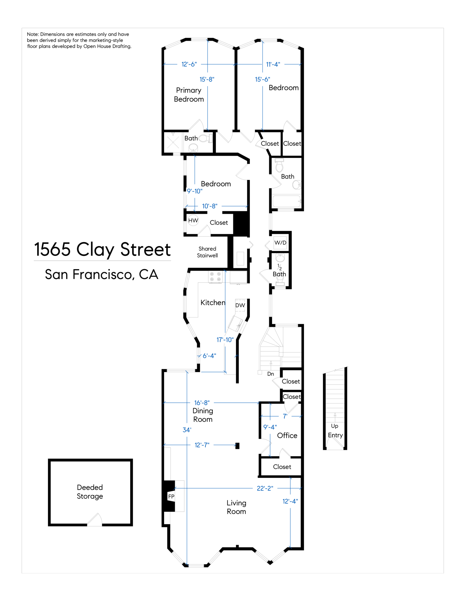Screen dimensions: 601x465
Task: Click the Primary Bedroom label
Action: (189, 95)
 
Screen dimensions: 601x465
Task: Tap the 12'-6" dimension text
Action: (189, 64)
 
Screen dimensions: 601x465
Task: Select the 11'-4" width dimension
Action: (273, 64)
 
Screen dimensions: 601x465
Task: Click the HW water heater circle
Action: (193, 221)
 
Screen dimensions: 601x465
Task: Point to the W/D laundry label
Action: (280, 243)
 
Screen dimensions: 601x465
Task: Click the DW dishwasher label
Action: (240, 305)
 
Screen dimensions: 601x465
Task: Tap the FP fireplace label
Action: (171, 497)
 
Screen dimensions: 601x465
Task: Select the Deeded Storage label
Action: (90, 492)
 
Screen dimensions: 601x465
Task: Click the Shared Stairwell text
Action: (207, 252)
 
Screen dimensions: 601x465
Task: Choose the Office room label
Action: (287, 435)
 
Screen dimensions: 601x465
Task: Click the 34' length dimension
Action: (187, 430)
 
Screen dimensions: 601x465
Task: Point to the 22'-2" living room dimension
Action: (265, 488)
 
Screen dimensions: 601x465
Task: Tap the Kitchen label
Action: (213, 303)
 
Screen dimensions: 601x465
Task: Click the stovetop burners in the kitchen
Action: (215, 277)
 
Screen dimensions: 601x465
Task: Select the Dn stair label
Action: (271, 374)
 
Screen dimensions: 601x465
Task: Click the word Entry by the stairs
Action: (335, 435)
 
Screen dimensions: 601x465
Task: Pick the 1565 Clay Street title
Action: (102, 250)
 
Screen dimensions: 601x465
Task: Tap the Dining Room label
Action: (203, 415)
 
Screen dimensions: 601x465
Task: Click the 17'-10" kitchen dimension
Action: (225, 340)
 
